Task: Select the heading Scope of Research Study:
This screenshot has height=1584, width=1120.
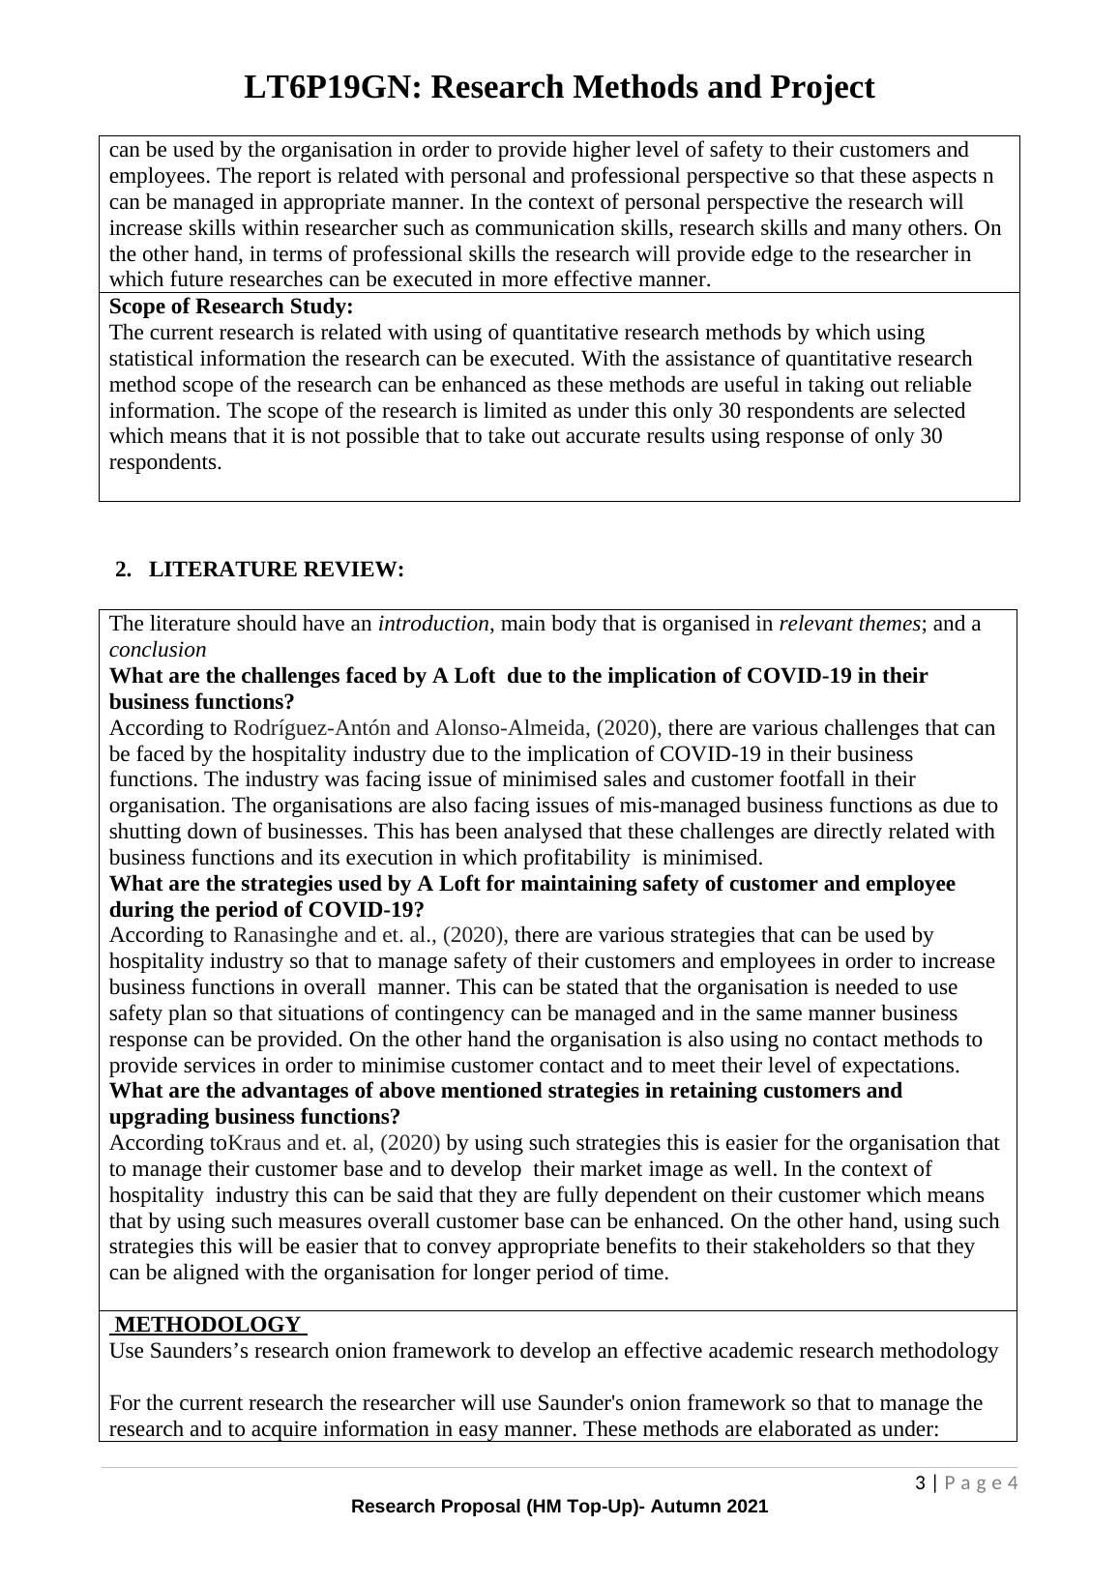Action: coord(231,307)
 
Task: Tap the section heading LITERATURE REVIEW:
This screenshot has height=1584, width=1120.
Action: coord(276,570)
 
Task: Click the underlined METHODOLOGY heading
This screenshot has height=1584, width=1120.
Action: coord(208,1325)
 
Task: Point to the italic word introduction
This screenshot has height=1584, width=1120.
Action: coord(433,624)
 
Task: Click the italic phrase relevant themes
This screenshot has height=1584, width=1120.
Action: coord(848,624)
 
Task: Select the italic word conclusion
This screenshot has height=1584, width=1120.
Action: coord(158,650)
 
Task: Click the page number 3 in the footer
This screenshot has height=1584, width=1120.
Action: coord(921,1483)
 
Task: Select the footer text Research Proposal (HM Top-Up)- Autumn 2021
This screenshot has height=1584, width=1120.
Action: coord(559,1506)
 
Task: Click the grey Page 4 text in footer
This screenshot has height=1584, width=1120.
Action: coord(981,1483)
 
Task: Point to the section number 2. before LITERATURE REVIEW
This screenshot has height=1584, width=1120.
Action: coord(123,570)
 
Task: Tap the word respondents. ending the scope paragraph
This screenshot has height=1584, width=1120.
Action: coord(165,462)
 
